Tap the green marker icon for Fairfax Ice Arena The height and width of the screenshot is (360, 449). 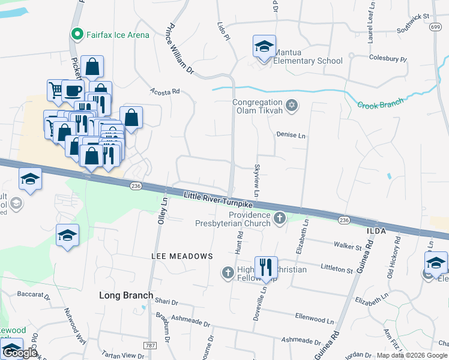click(x=76, y=34)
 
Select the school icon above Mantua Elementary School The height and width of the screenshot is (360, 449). click(x=264, y=47)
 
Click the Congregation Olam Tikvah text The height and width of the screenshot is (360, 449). click(x=258, y=107)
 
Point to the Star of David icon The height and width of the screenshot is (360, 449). click(x=292, y=106)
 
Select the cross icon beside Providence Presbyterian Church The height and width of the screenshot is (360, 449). click(x=279, y=219)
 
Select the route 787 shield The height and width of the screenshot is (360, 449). click(x=150, y=346)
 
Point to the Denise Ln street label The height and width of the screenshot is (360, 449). click(x=291, y=136)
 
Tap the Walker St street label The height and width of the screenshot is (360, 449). click(x=348, y=247)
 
